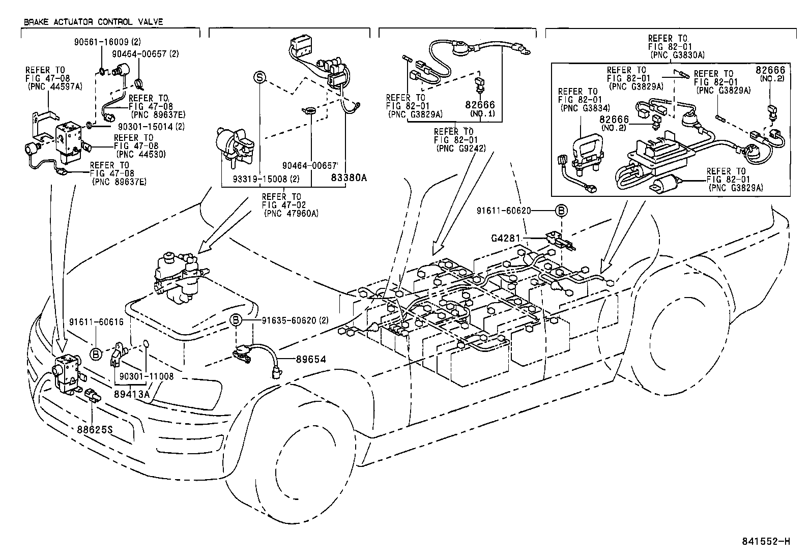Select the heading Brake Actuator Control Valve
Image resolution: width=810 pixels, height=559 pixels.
click(x=93, y=22)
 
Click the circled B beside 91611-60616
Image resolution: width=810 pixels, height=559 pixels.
click(x=96, y=354)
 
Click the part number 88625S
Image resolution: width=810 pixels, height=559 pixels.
click(x=95, y=429)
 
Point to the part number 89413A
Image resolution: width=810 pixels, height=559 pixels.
click(x=132, y=393)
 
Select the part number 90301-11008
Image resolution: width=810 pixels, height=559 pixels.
click(x=147, y=376)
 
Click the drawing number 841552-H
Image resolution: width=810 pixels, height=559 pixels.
click(x=768, y=541)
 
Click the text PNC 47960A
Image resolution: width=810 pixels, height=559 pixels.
click(x=291, y=213)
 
